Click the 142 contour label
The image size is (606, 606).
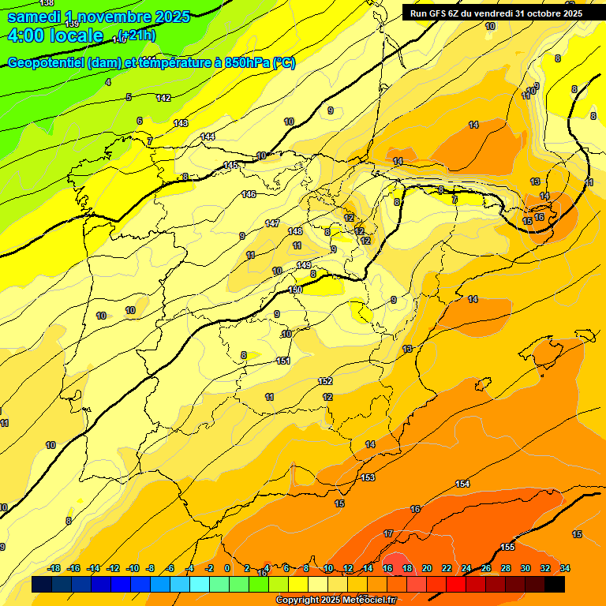(x=163, y=98)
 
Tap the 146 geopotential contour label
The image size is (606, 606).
(x=249, y=194)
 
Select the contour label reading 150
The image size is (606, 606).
(x=295, y=290)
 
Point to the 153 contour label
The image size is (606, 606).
(x=368, y=477)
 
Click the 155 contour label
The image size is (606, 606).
(x=507, y=547)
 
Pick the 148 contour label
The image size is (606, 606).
(x=295, y=231)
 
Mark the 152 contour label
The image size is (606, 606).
(x=325, y=381)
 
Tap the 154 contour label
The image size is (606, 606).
(x=462, y=484)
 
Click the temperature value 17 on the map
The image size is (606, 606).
(x=388, y=534)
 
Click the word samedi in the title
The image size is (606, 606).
(x=35, y=17)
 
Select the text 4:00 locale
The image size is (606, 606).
(x=54, y=36)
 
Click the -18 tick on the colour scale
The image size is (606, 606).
(x=54, y=568)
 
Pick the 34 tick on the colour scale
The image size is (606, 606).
(x=565, y=568)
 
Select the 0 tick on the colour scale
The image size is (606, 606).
(x=227, y=568)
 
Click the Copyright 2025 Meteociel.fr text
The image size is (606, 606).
(x=335, y=600)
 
